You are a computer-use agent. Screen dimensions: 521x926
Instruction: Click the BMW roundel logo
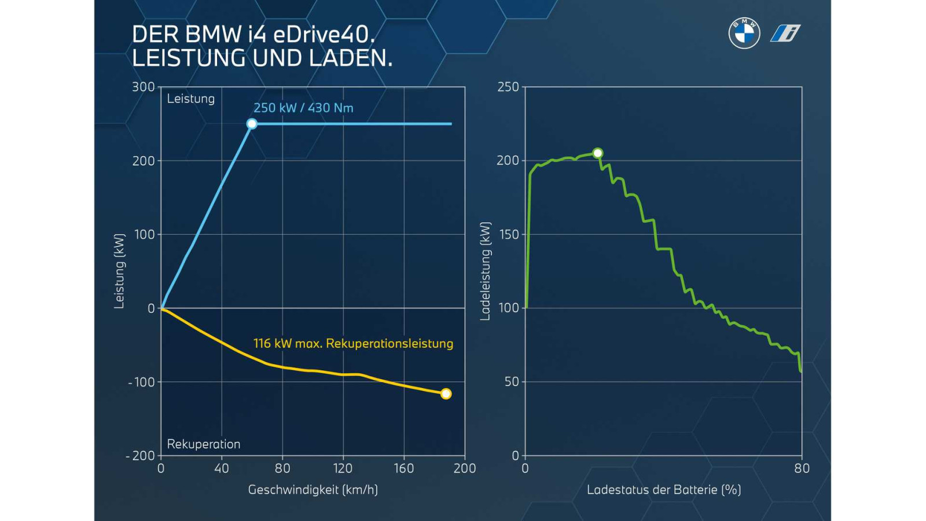point(744,33)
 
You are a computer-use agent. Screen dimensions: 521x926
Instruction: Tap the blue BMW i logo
point(785,33)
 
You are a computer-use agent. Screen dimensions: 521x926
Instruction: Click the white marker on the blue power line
point(252,124)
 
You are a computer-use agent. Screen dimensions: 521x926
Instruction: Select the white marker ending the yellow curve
point(446,394)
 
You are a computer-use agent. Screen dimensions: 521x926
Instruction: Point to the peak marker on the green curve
point(598,153)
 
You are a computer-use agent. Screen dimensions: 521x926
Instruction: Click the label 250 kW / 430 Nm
point(303,108)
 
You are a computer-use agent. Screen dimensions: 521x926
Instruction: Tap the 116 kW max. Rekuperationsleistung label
point(353,343)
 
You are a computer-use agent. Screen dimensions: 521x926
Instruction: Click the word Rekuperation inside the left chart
point(203,444)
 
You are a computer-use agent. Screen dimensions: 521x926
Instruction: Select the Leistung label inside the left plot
point(190,98)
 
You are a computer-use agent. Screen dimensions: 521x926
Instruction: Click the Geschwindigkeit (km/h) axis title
point(313,490)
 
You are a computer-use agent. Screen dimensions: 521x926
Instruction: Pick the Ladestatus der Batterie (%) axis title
point(664,490)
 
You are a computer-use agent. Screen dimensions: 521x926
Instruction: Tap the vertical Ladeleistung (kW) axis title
point(485,271)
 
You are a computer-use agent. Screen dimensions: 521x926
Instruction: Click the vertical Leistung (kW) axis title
point(119,271)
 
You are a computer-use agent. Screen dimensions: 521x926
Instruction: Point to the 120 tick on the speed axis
point(343,468)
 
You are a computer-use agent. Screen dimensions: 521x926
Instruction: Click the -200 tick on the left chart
point(140,456)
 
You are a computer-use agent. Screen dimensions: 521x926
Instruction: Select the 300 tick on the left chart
point(143,87)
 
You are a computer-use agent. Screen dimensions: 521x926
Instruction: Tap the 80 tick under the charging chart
point(802,468)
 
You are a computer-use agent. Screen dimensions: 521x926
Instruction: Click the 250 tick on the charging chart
point(508,87)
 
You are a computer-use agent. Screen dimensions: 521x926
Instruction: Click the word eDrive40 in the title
point(323,35)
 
